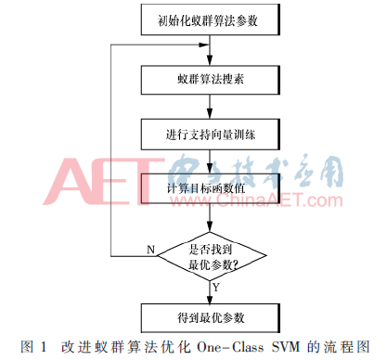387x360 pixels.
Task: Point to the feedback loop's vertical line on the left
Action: coord(110,148)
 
